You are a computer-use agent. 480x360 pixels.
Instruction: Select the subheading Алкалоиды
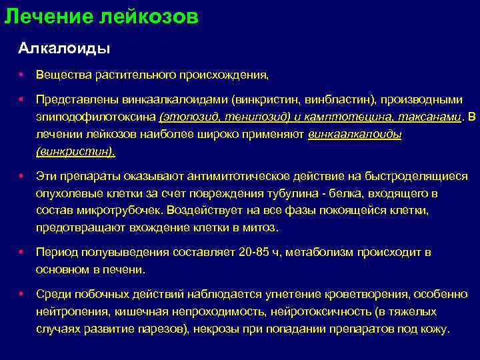click(x=64, y=49)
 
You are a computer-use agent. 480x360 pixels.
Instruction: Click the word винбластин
click(x=336, y=99)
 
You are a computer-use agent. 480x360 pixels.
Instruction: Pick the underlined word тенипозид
click(x=252, y=117)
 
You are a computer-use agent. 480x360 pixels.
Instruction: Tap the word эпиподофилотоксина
click(x=96, y=117)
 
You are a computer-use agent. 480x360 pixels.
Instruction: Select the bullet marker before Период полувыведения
click(x=22, y=253)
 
